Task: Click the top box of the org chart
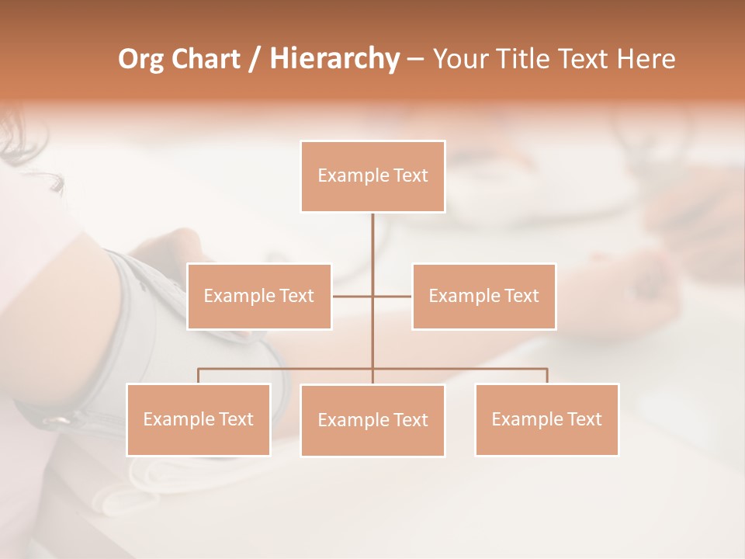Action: pos(372,176)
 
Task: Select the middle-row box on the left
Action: pos(259,296)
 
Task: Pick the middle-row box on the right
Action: pos(483,296)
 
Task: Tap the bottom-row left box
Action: pos(198,419)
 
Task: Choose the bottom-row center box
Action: pos(372,420)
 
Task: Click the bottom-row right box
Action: pos(546,419)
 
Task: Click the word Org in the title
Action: pos(140,59)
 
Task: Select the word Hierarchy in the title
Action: pos(334,59)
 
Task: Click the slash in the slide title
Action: pos(254,60)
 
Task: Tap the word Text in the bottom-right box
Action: pos(584,419)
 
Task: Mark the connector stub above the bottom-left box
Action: pos(198,376)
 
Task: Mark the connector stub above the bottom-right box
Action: pos(547,376)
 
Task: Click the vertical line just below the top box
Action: pos(372,233)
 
